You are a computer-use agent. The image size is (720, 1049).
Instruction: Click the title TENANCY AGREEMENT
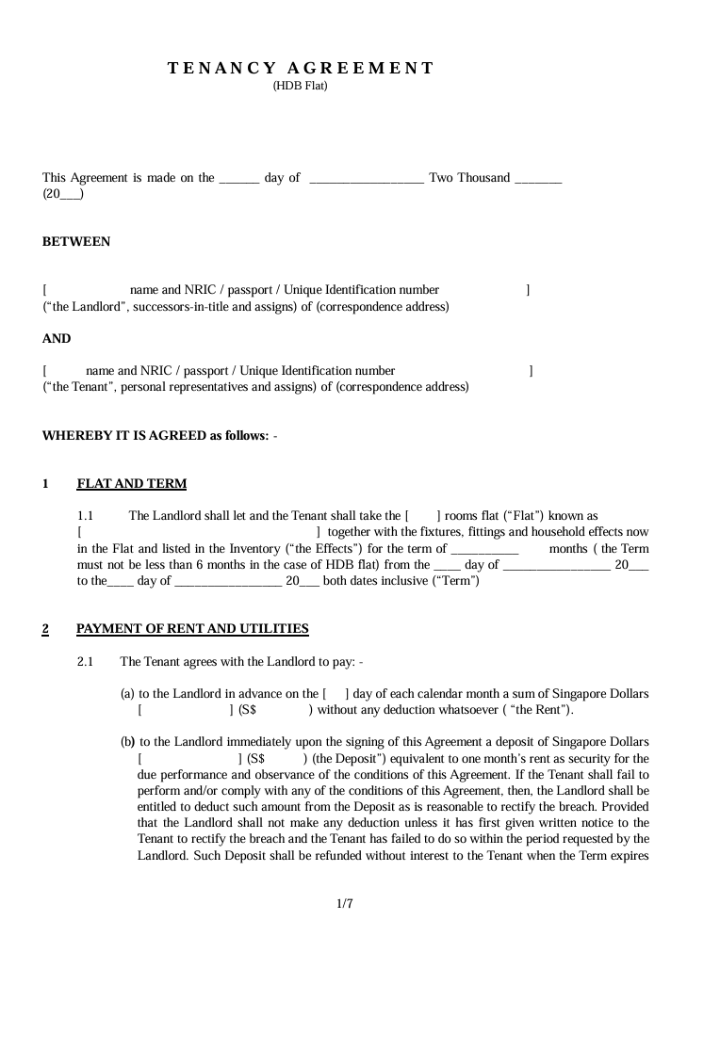tap(301, 68)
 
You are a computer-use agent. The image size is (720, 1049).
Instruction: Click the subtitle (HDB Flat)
tap(300, 86)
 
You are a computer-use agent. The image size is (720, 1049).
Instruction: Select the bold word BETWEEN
tap(76, 242)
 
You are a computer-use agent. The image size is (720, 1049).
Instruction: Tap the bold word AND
tap(57, 339)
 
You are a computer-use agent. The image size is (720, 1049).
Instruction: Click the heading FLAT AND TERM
tap(131, 484)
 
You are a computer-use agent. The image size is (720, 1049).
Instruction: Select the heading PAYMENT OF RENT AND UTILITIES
tap(192, 629)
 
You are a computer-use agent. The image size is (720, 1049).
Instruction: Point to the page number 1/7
tap(344, 905)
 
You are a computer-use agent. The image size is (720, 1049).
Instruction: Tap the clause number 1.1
tap(86, 516)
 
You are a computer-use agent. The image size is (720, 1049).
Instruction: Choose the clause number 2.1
tap(85, 662)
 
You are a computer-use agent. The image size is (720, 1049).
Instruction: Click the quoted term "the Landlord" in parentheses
tap(82, 307)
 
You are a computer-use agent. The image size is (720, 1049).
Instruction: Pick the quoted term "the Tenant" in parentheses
tap(78, 387)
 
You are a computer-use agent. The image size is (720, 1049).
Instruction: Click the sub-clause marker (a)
tap(127, 694)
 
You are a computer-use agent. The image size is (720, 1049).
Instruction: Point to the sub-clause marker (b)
tap(127, 742)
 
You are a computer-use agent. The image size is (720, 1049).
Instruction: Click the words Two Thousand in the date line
tap(469, 178)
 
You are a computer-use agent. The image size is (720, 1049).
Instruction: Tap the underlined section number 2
tap(45, 629)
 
